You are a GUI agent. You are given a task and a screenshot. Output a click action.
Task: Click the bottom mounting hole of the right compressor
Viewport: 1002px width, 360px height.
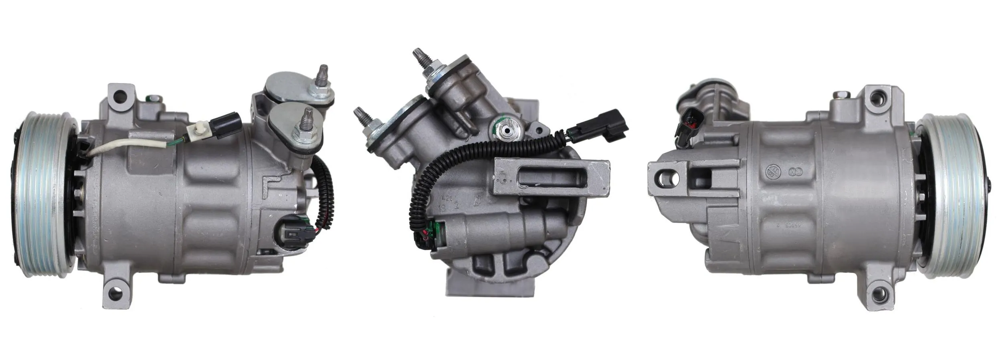coord(877,298)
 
